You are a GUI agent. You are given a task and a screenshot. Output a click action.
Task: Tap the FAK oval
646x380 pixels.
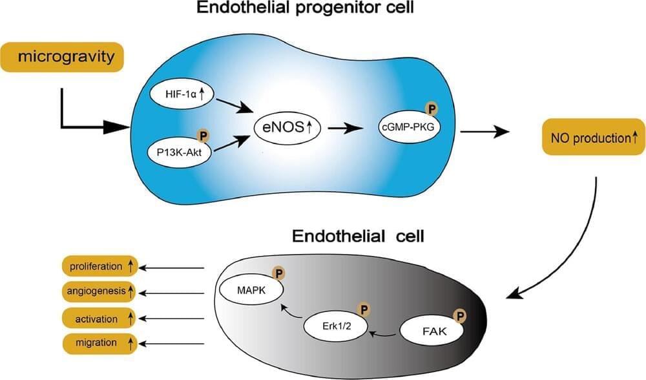tap(432, 332)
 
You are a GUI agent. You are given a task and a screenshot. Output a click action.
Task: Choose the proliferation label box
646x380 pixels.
tap(100, 266)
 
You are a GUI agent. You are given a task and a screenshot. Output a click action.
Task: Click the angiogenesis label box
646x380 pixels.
tap(100, 291)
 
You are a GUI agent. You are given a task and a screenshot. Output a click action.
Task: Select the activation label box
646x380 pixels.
tap(100, 318)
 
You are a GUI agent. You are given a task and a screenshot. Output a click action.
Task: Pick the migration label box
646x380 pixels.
tap(100, 343)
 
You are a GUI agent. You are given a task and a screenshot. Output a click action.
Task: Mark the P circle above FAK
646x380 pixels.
tap(461, 315)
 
